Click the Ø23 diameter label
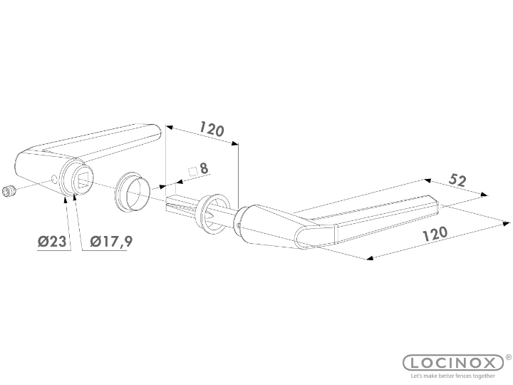point(52,242)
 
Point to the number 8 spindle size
point(204,169)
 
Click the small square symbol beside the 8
point(192,170)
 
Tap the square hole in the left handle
point(81,178)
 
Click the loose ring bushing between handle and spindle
point(133,191)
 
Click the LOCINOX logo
point(453,363)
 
